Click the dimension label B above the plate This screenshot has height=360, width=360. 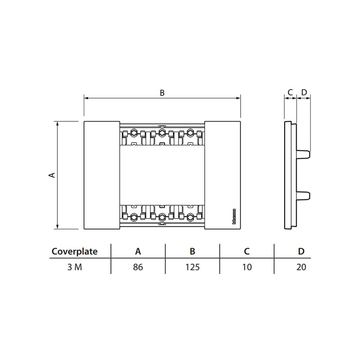(x=162, y=93)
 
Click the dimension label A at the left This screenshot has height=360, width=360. (x=52, y=175)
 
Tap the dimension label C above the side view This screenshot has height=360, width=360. (x=290, y=93)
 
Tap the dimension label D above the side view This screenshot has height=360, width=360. (x=304, y=93)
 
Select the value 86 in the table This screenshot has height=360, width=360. (x=138, y=267)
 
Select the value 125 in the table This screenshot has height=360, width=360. (x=193, y=267)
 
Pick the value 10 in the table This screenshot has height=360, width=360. (x=247, y=267)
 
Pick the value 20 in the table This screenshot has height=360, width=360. (x=301, y=267)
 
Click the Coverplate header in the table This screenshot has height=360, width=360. (x=75, y=251)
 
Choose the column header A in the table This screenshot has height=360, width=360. (x=138, y=251)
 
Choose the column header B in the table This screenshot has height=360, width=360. (x=193, y=251)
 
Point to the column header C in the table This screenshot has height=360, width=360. (x=247, y=251)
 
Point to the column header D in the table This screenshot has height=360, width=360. (x=301, y=251)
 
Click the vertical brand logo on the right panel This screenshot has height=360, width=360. (x=234, y=216)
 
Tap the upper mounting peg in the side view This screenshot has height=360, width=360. (x=303, y=154)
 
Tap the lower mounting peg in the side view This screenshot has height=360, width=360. (x=303, y=195)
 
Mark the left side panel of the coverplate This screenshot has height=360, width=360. (x=102, y=175)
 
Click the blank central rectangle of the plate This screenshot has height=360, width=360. (x=162, y=175)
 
